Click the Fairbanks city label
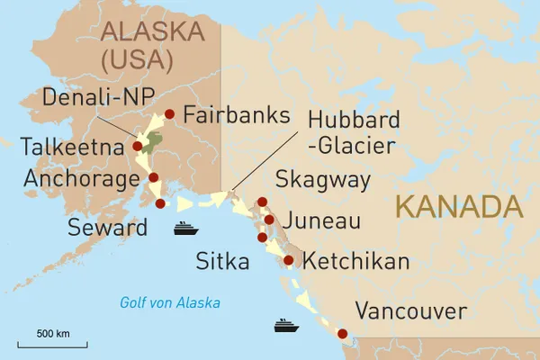236,115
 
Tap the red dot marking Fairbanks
169,114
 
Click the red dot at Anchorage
154,177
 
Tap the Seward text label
107,228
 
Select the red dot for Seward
160,203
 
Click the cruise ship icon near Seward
185,228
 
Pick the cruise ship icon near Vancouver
285,324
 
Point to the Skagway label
322,180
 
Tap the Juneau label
321,220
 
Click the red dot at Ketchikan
289,260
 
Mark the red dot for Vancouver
341,335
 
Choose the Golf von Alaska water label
170,302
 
